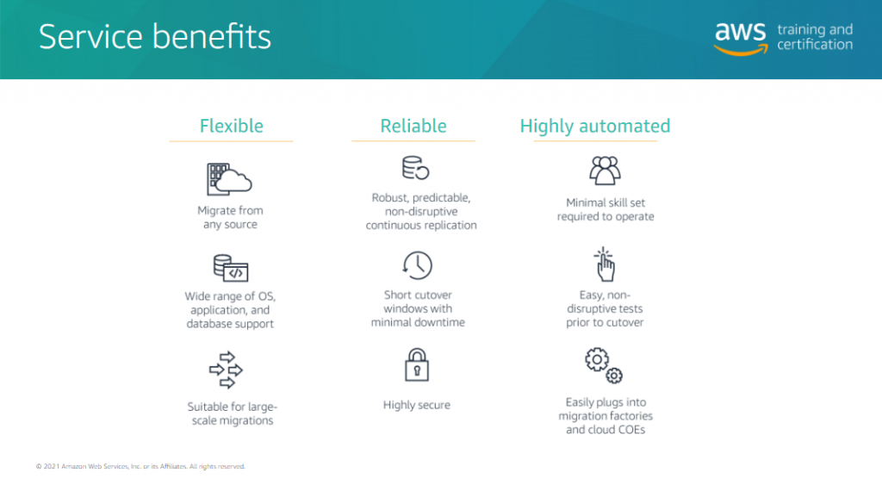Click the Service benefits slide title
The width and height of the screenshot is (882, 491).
(155, 37)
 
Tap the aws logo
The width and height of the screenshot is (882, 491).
(740, 37)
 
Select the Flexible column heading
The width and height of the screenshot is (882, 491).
(231, 126)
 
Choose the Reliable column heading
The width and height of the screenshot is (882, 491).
(413, 126)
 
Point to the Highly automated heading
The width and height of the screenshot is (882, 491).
(594, 126)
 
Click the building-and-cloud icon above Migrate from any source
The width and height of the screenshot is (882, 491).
(228, 178)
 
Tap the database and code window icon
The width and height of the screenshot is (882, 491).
(230, 268)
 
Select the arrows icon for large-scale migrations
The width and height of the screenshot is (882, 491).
(227, 370)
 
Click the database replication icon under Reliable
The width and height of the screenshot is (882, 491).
(415, 168)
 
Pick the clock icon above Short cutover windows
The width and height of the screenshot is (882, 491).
(417, 264)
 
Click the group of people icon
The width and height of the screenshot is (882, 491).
(605, 170)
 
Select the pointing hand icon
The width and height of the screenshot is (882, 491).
(605, 264)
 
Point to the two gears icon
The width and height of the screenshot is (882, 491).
(604, 364)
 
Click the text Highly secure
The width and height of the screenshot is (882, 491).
(417, 405)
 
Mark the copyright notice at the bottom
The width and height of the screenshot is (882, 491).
(140, 466)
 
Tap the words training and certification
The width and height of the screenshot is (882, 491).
(815, 37)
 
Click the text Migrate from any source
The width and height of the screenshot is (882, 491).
(230, 217)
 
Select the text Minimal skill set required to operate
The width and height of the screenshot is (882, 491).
(606, 209)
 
